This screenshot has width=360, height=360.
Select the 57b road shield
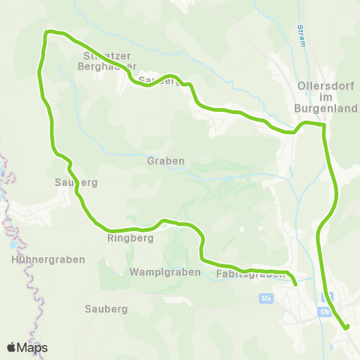[x=324, y=310]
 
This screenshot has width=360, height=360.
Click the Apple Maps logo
[x=27, y=347]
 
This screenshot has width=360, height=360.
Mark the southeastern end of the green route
[x=346, y=327]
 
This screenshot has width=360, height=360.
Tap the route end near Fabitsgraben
[x=295, y=284]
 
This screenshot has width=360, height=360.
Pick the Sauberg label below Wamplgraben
[x=106, y=308]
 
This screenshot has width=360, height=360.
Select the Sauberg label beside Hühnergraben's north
[x=76, y=182]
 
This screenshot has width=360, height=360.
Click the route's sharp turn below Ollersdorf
[x=323, y=127]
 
